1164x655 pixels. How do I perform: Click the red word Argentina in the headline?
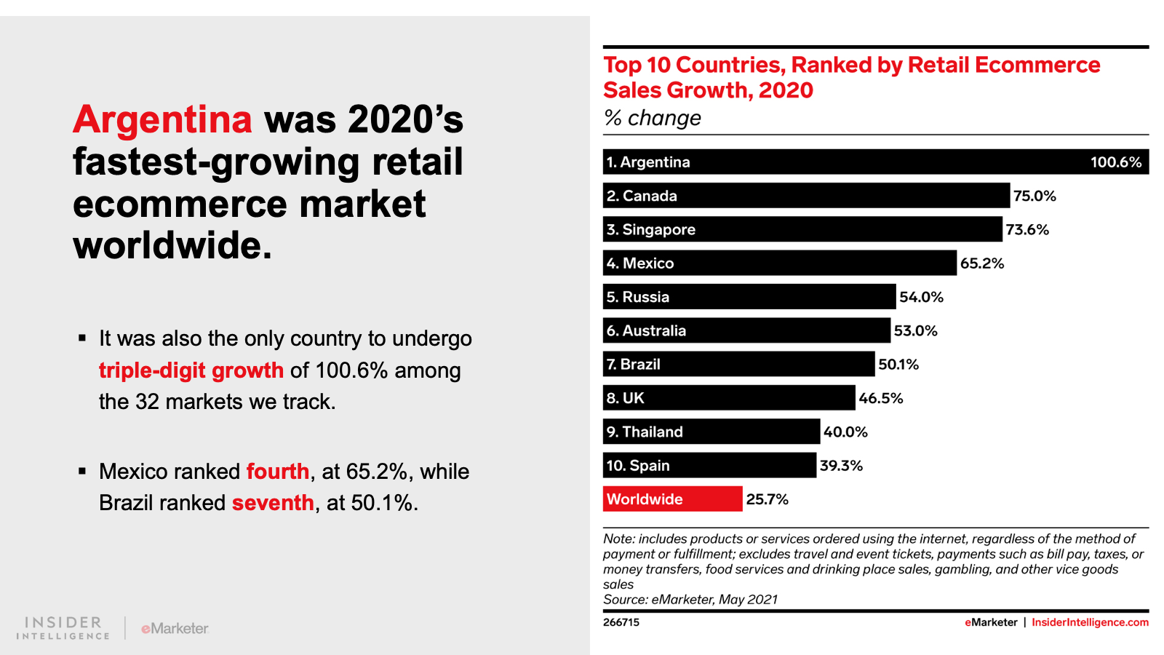tap(162, 119)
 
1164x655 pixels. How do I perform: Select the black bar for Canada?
tap(806, 196)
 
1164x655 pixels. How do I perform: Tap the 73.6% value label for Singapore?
tap(1027, 230)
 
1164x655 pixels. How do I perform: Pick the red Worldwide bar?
tap(672, 499)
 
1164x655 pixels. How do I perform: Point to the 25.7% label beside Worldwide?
tap(767, 499)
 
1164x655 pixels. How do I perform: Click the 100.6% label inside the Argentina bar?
tap(1115, 162)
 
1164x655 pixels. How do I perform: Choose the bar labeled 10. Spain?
tap(709, 466)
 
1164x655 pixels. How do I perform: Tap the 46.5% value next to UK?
tap(880, 398)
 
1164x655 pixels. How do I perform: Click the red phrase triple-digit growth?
tap(191, 370)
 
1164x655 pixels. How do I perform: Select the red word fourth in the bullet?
tap(278, 472)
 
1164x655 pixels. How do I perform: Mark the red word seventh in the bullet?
tap(273, 503)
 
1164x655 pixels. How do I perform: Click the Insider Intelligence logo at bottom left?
tap(63, 628)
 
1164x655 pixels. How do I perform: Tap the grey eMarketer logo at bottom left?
tap(175, 628)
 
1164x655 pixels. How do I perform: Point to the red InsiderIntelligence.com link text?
tap(1090, 622)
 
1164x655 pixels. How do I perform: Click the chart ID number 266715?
tap(621, 622)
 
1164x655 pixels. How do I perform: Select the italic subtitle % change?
tap(653, 118)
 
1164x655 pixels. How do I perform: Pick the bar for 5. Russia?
tap(749, 297)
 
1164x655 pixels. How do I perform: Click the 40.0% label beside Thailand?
tap(845, 432)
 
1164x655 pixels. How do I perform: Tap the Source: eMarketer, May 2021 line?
tap(690, 600)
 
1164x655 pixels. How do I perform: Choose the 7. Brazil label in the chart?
tap(634, 365)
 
